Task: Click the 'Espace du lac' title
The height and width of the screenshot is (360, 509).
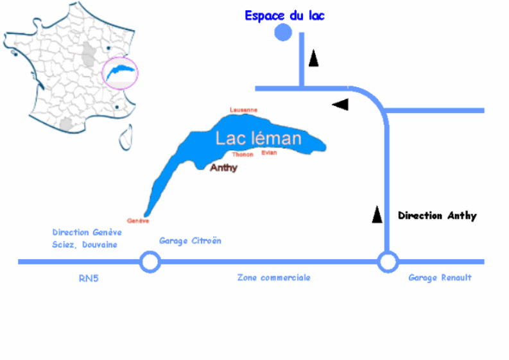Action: [284, 15]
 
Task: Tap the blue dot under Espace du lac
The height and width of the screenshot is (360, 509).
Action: [283, 33]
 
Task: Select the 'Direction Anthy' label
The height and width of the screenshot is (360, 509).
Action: [437, 216]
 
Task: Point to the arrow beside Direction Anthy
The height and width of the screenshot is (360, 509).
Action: [377, 214]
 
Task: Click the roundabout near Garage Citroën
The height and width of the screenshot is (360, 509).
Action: [150, 262]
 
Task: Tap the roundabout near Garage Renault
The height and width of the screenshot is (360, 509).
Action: [387, 262]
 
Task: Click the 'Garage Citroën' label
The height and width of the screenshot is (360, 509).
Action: [190, 241]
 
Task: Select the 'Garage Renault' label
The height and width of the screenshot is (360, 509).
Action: [440, 278]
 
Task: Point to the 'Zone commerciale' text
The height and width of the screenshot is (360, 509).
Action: [274, 278]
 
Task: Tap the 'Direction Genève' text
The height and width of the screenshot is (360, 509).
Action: [87, 232]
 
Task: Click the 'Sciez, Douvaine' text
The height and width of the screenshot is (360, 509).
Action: [85, 244]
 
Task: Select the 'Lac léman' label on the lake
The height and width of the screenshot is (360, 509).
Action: [258, 139]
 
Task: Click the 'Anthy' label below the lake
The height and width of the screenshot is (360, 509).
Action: [224, 168]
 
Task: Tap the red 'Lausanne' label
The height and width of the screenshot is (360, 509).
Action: [243, 110]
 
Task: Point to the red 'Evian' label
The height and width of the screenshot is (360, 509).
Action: [269, 153]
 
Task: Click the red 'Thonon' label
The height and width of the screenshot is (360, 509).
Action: [243, 155]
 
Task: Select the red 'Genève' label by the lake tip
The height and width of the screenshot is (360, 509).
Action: [139, 220]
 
